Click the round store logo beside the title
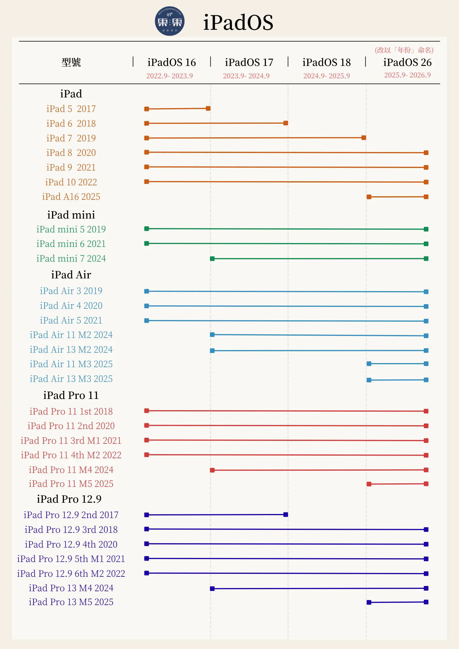click(x=170, y=21)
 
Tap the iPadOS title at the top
click(x=238, y=22)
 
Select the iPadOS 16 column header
click(x=172, y=62)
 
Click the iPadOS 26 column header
click(x=407, y=62)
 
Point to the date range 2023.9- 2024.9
click(x=246, y=76)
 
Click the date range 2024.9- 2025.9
click(x=327, y=76)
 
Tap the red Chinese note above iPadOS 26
click(x=404, y=50)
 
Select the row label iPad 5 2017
click(x=71, y=109)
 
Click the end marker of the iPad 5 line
click(x=208, y=108)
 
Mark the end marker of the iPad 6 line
click(x=286, y=123)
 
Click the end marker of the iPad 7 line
click(x=364, y=138)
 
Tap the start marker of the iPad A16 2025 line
click(x=369, y=197)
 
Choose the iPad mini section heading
click(x=71, y=215)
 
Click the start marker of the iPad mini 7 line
click(x=212, y=258)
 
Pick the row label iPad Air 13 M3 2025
click(x=71, y=379)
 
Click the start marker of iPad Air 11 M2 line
click(x=212, y=334)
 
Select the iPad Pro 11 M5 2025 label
click(x=71, y=484)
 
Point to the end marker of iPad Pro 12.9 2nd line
click(x=286, y=515)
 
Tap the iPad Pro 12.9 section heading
click(x=69, y=499)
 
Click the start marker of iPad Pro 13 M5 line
click(x=369, y=602)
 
